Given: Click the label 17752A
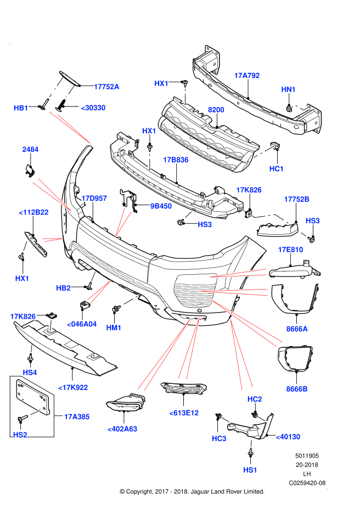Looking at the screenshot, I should (x=106, y=87).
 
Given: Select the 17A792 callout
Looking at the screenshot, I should (x=246, y=76).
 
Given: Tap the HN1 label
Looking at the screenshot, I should (x=288, y=89).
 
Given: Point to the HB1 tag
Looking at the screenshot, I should (x=21, y=108).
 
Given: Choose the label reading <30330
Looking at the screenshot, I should (x=93, y=108).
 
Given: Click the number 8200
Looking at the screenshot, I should (x=216, y=110).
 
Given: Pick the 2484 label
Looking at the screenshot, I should (x=30, y=149).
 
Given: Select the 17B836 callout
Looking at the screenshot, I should (x=176, y=160).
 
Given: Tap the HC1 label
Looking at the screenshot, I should (x=277, y=169).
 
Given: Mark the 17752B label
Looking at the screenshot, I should (x=296, y=199).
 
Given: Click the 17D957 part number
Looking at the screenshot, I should (x=94, y=199).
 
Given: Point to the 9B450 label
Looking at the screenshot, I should (x=161, y=206).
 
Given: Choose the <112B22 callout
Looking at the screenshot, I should (x=33, y=212).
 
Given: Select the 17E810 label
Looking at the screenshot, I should (x=290, y=250).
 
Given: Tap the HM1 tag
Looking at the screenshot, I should (x=114, y=327).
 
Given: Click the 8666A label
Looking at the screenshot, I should (x=297, y=329).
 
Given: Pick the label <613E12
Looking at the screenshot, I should (x=184, y=413).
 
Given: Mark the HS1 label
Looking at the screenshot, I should (x=250, y=470).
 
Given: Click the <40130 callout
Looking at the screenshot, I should (x=288, y=437).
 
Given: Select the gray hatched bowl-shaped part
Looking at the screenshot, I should (x=193, y=293).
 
